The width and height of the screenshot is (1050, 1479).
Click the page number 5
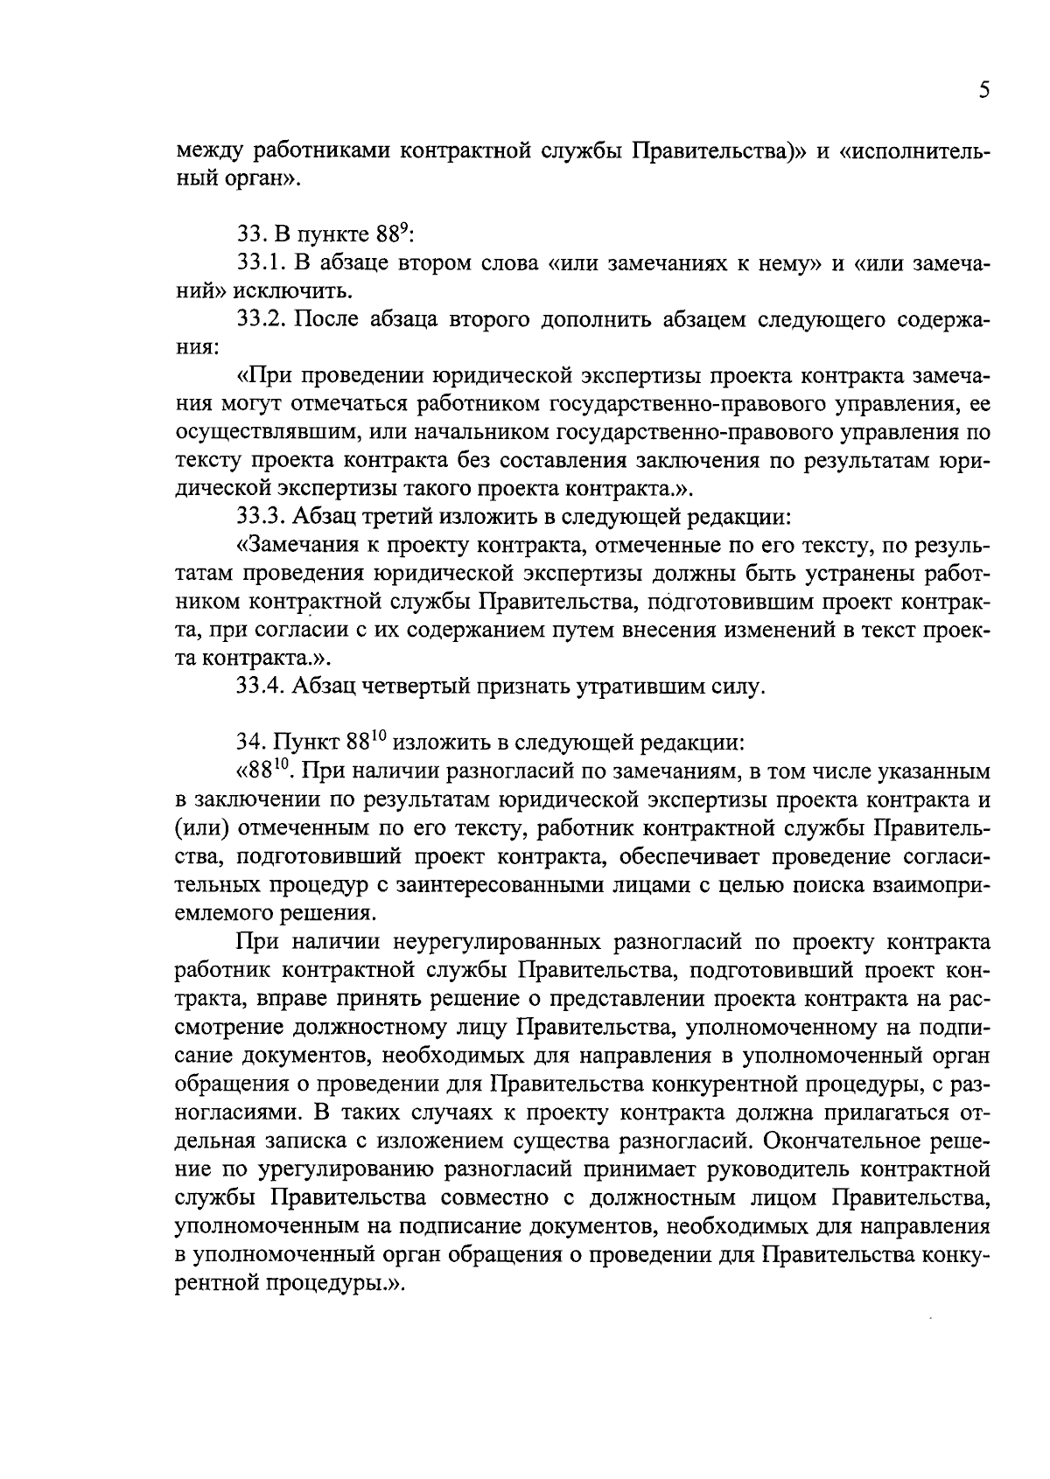(983, 91)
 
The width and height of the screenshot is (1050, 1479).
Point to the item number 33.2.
(262, 320)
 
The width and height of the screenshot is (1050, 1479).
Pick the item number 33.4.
(262, 687)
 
